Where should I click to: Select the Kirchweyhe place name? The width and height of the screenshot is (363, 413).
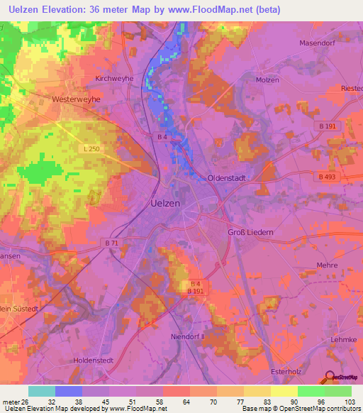tap(115, 79)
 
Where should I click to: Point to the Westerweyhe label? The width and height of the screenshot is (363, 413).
tap(76, 100)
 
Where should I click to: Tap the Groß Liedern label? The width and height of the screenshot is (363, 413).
tap(250, 232)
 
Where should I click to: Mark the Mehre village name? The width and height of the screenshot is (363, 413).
tap(326, 265)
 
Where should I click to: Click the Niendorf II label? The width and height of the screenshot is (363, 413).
tap(188, 336)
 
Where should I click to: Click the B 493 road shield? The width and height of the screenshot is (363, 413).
tap(327, 177)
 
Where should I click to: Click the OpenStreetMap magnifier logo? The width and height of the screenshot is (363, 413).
tap(330, 379)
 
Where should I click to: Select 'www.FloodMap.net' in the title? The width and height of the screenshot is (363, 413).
tap(220, 10)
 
